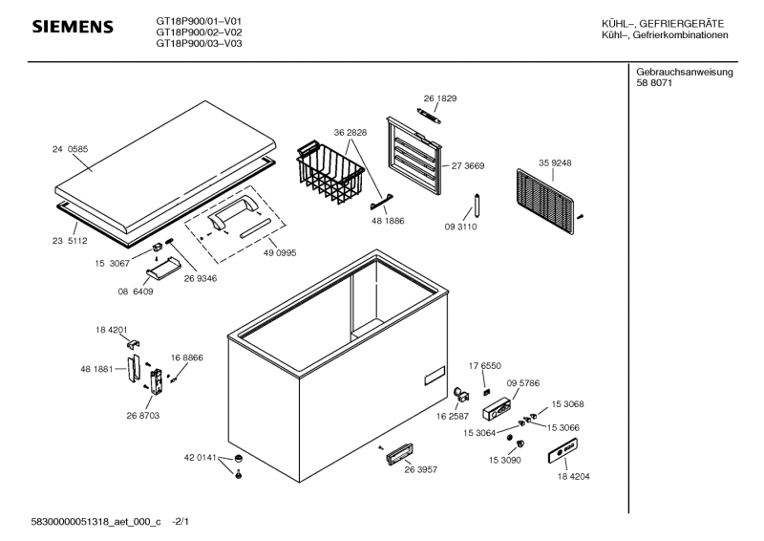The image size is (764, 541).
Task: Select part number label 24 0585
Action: tap(70, 149)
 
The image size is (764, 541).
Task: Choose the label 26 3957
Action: tap(421, 469)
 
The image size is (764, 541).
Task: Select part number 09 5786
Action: tap(523, 382)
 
